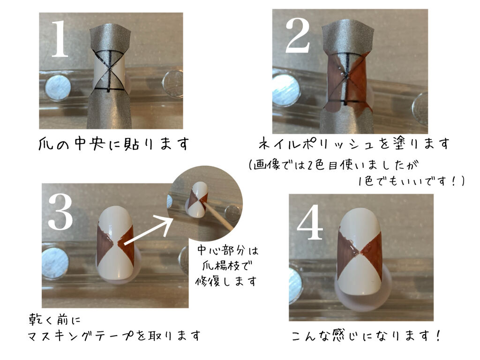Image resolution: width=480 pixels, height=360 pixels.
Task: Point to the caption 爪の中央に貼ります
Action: pyautogui.click(x=114, y=143)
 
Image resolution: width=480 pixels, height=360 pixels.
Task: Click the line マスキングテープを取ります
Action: pyautogui.click(x=114, y=336)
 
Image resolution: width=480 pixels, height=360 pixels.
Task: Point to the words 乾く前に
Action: pyautogui.click(x=54, y=321)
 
